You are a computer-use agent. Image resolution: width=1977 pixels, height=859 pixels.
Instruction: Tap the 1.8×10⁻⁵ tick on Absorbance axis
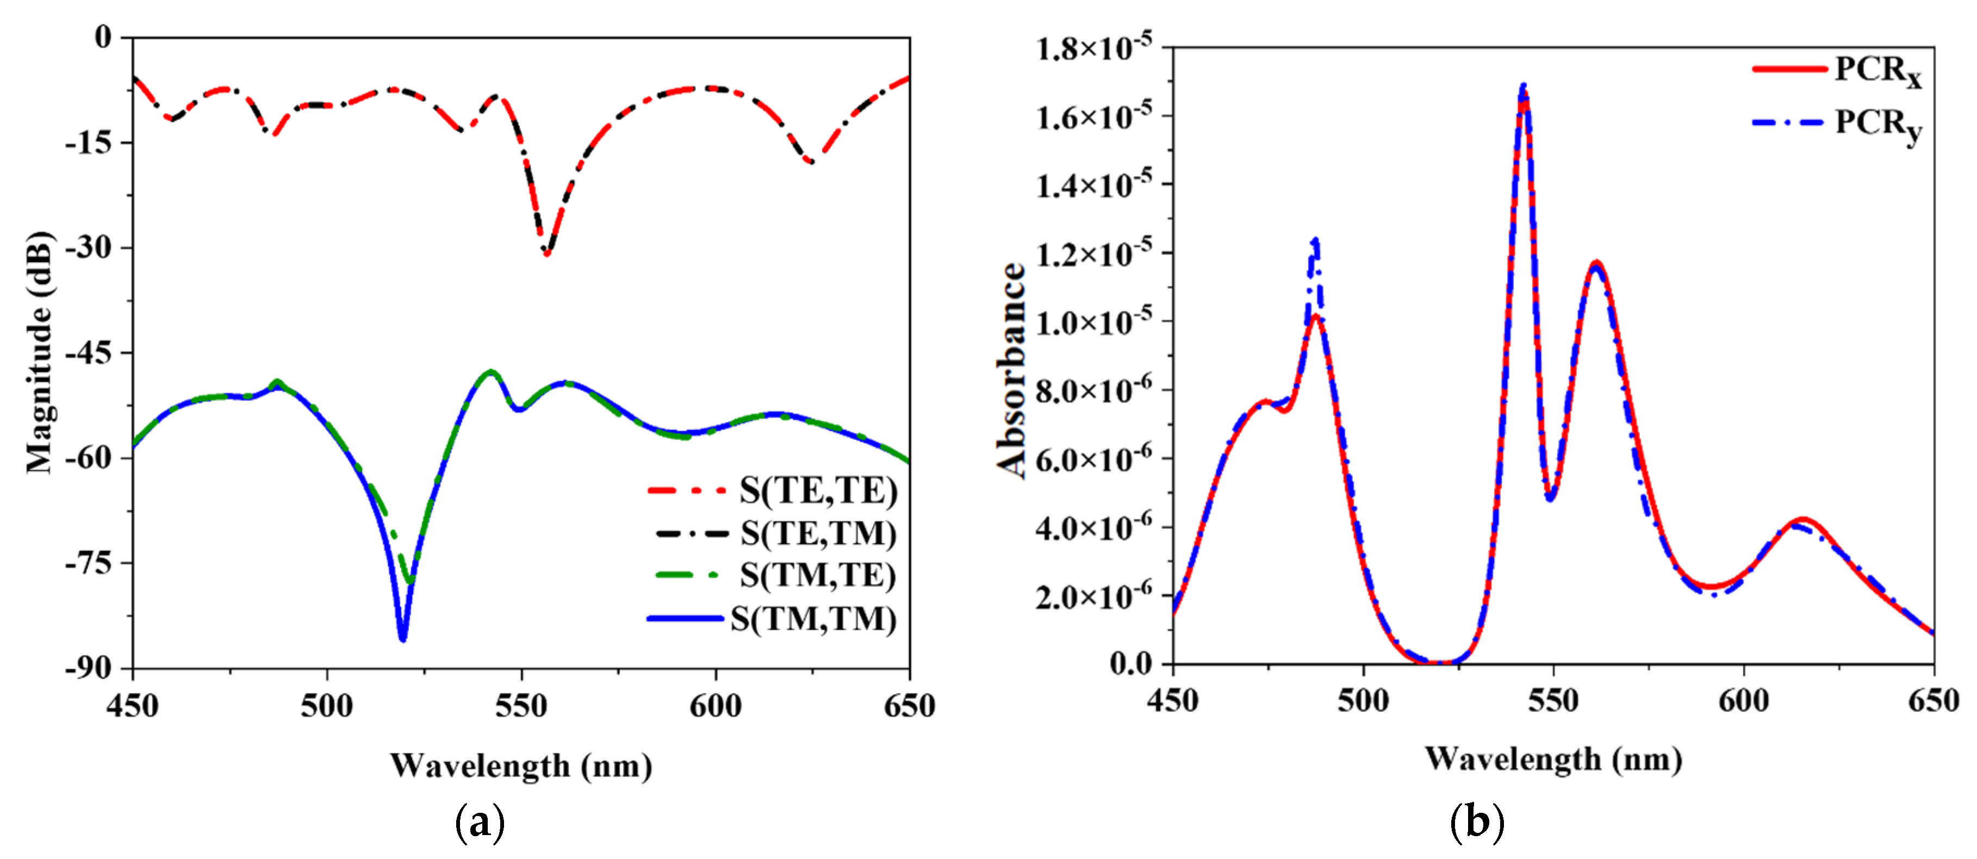(1093, 48)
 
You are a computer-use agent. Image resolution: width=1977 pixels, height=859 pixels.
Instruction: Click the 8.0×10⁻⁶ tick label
(1093, 390)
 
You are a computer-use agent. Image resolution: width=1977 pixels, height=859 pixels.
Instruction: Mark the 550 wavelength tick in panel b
(1552, 701)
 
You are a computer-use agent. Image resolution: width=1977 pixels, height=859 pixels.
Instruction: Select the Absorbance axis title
(1011, 370)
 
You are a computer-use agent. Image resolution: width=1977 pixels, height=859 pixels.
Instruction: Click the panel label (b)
(1477, 822)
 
